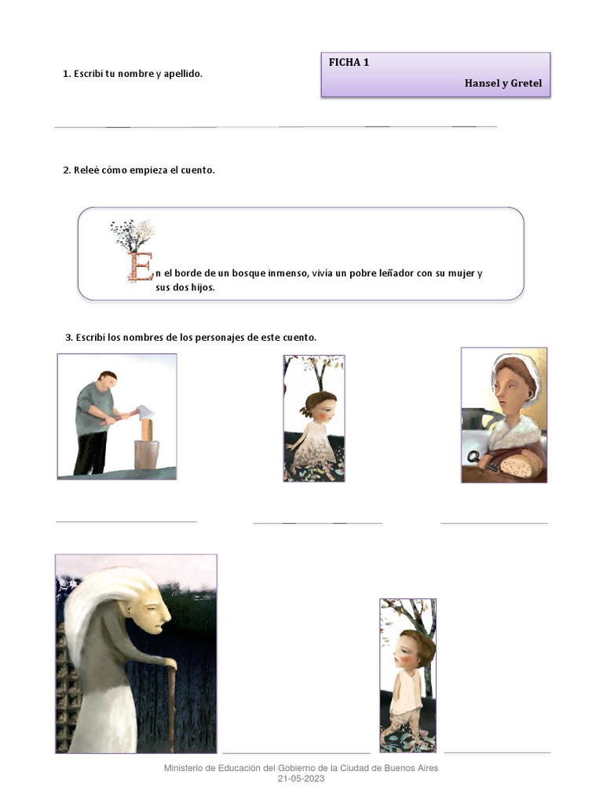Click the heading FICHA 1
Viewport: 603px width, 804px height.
pyautogui.click(x=349, y=63)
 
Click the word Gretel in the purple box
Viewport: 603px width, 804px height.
pyautogui.click(x=526, y=83)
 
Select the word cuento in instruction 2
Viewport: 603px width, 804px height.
pyautogui.click(x=198, y=170)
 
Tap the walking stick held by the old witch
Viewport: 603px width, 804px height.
pyautogui.click(x=170, y=707)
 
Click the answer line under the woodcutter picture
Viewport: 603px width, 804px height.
pyautogui.click(x=126, y=521)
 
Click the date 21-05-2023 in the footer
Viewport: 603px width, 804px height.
pyautogui.click(x=301, y=779)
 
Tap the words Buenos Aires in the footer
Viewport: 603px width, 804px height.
pyautogui.click(x=407, y=768)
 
